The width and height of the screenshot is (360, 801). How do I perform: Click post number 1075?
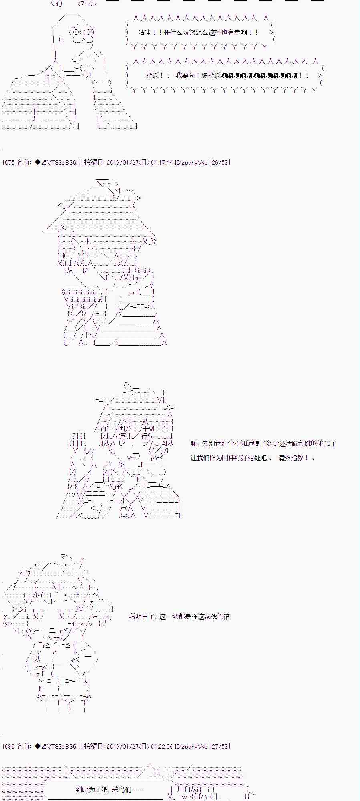(8, 162)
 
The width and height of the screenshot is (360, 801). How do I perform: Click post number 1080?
(8, 746)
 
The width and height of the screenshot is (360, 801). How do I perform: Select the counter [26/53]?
(220, 162)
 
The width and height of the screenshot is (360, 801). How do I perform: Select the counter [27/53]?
(220, 746)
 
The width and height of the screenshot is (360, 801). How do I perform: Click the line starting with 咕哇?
(198, 32)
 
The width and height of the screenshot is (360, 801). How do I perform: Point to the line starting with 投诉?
(227, 75)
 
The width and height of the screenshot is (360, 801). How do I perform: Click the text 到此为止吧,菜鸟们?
(109, 790)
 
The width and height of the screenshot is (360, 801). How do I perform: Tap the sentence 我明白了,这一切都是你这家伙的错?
(179, 616)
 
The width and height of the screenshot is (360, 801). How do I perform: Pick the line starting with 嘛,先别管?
(263, 443)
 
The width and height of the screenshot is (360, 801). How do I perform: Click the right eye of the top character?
(89, 32)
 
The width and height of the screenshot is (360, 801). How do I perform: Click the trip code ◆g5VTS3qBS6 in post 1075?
(55, 162)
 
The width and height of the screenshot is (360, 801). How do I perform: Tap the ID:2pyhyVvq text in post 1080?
(191, 746)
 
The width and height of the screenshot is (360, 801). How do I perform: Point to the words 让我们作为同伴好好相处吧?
(231, 458)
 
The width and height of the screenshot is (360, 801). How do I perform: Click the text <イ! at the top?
(57, 4)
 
